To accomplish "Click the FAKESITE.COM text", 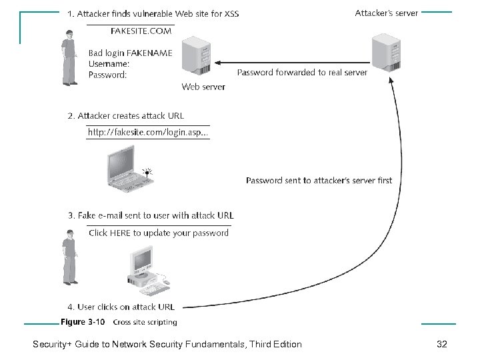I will tap(141, 30).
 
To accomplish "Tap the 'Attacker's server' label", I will tap(386, 13).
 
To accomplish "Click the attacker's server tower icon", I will tap(386, 46).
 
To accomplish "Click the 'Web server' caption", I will tap(203, 87).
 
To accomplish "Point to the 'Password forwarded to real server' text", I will tap(302, 72).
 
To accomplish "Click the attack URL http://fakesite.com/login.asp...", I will tap(149, 133).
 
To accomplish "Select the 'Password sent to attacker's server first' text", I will tap(319, 180).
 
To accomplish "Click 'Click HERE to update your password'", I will tap(159, 233).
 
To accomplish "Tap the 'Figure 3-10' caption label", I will tap(83, 322).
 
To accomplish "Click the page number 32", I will tap(441, 344).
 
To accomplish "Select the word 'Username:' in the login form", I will tap(109, 64).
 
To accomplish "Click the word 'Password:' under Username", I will tap(108, 75).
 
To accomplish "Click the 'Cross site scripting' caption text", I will tap(145, 323).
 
